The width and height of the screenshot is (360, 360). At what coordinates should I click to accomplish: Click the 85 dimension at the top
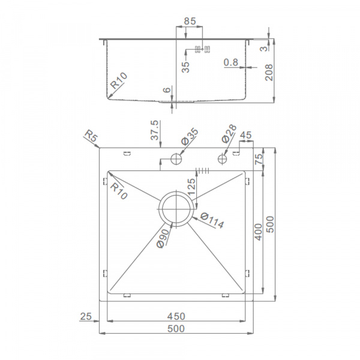point(190,21)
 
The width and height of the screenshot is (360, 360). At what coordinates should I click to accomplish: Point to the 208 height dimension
point(269,73)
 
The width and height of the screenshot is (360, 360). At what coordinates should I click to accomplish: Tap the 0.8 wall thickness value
point(231,62)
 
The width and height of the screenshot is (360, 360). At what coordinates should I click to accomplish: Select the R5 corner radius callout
point(91,136)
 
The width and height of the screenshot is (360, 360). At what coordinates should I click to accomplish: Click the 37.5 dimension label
point(155,130)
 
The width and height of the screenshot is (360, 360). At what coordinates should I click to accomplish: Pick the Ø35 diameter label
point(190,137)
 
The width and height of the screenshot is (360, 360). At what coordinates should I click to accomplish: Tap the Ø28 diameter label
point(229,133)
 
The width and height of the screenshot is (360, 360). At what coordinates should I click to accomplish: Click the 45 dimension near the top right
point(245,135)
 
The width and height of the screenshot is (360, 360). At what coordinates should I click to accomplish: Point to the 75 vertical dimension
point(259,159)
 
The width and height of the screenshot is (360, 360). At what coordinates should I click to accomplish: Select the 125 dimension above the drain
point(191,187)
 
